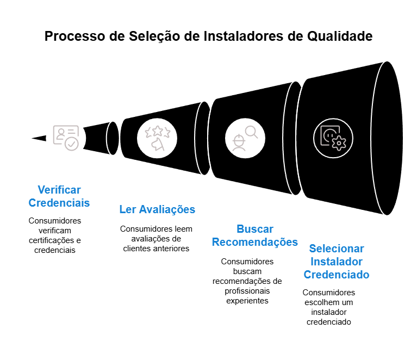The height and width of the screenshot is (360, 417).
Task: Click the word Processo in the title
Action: (x=74, y=36)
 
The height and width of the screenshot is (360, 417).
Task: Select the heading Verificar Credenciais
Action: (x=59, y=196)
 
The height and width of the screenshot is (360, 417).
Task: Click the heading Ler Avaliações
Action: (x=157, y=209)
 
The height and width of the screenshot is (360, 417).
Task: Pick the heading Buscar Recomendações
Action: (x=255, y=235)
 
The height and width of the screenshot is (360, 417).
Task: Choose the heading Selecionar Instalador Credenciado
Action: (x=337, y=262)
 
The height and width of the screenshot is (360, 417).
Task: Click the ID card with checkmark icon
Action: (x=66, y=138)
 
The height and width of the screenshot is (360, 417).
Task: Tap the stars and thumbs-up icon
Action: (x=157, y=138)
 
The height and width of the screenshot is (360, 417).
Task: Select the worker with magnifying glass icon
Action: (x=245, y=138)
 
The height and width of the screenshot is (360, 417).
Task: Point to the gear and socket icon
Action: (x=333, y=138)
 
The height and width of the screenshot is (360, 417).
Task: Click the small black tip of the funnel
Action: (x=39, y=138)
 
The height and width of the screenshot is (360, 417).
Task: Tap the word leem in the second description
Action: (x=183, y=229)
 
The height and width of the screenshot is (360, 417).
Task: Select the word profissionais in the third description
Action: (x=247, y=291)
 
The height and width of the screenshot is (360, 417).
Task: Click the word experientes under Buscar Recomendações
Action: (x=247, y=301)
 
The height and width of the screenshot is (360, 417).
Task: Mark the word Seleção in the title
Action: (x=154, y=36)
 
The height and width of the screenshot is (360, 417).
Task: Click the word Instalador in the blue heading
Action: (x=337, y=262)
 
